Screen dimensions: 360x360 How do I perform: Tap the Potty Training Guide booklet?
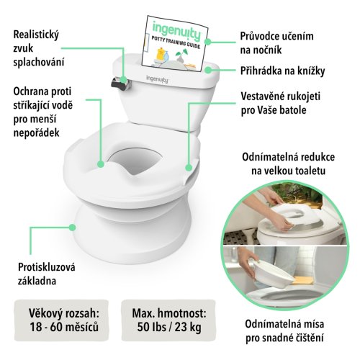[x=174, y=44]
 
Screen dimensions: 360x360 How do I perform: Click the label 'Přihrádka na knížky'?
[x=282, y=71]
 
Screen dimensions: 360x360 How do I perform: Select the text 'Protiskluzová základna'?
[x=47, y=274]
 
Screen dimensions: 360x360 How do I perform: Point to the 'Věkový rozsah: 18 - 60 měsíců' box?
[x=62, y=320]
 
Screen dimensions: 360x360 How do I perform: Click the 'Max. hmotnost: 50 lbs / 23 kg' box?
[x=168, y=320]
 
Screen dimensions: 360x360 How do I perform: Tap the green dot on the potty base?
[x=72, y=228]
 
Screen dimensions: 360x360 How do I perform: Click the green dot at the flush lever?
[x=124, y=80]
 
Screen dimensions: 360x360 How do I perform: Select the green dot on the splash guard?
[x=101, y=164]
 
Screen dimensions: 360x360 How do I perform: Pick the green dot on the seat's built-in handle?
[x=189, y=168]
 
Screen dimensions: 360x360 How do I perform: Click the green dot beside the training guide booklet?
[x=208, y=42]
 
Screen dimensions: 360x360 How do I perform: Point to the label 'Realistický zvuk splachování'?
[x=38, y=48]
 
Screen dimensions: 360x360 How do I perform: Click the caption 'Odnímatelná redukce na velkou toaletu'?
[x=288, y=164]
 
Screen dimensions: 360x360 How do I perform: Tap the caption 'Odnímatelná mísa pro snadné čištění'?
[x=284, y=331]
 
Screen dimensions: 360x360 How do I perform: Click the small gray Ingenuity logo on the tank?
[x=157, y=79]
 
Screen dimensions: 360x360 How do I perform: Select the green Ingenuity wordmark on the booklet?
[x=176, y=31]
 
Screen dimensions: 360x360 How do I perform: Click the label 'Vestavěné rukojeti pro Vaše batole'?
[x=280, y=103]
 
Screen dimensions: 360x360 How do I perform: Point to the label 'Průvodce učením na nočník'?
[x=276, y=43]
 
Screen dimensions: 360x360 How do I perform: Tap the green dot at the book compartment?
[x=208, y=70]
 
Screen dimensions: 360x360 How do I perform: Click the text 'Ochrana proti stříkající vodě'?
[x=42, y=99]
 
